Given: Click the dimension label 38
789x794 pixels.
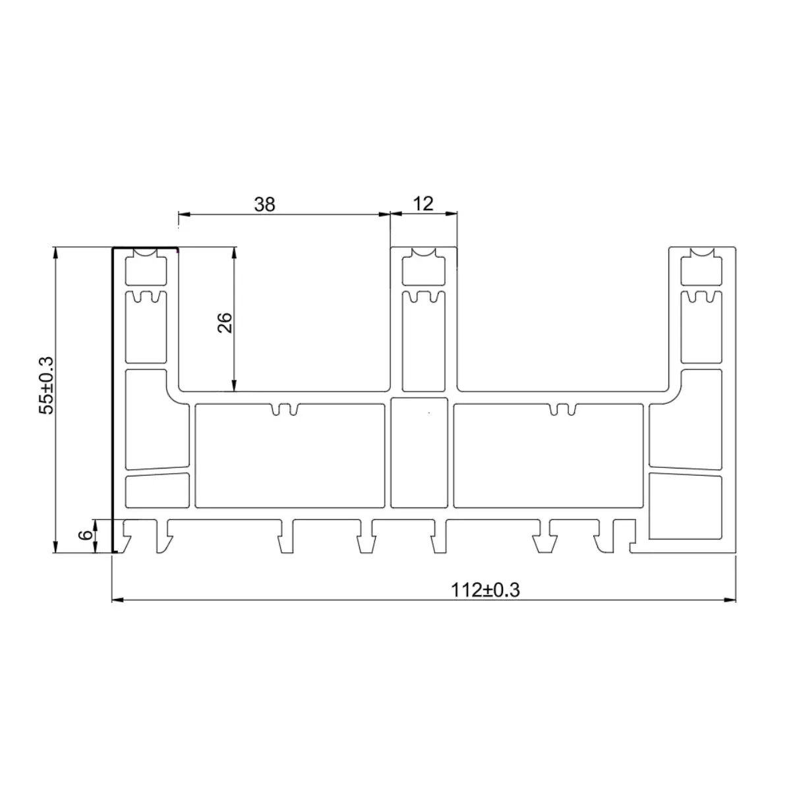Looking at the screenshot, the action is (264, 204).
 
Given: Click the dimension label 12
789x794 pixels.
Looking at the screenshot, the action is (423, 204).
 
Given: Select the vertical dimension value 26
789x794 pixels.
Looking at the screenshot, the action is (225, 323).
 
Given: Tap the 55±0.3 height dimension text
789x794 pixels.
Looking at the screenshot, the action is (45, 385).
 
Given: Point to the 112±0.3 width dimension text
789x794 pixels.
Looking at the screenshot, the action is (486, 590).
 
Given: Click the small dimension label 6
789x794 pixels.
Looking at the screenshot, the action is (86, 535).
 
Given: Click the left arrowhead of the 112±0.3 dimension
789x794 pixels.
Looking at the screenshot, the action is (117, 600).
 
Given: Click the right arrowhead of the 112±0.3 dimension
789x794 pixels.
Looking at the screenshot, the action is (730, 600).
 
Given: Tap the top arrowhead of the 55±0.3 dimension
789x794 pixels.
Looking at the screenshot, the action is (55, 252).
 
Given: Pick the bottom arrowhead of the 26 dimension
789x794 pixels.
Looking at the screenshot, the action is (234, 385).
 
